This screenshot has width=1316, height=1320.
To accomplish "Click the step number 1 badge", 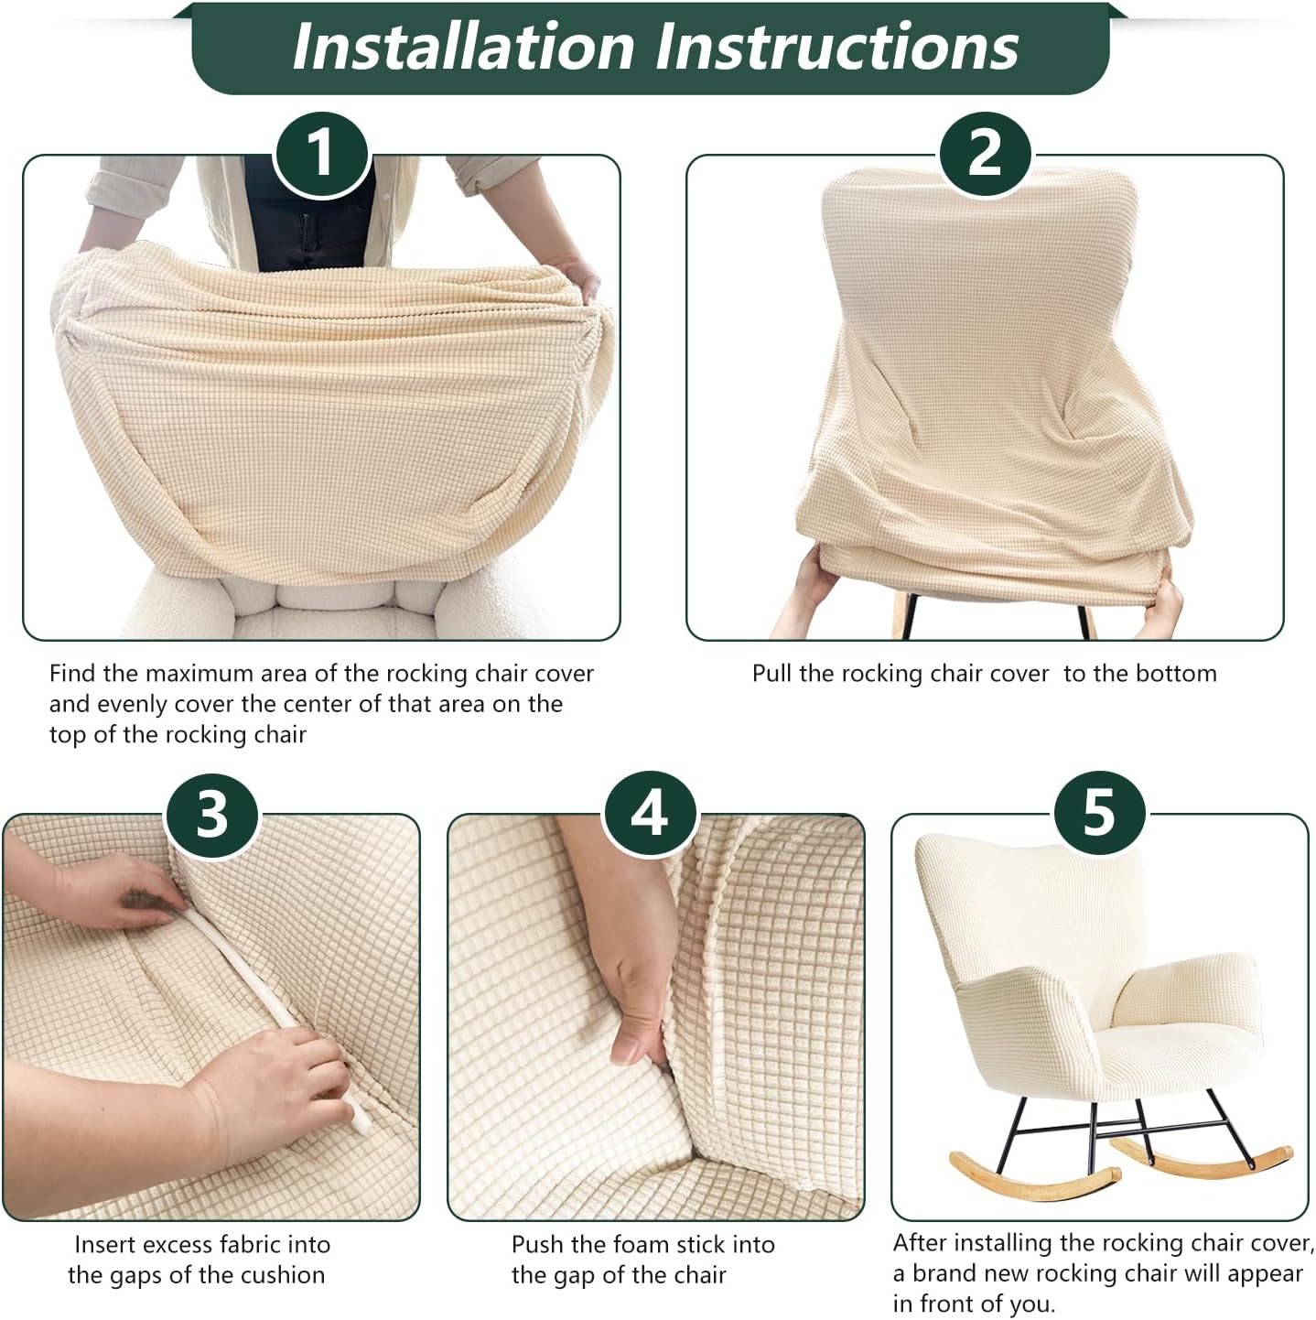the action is [x=321, y=154].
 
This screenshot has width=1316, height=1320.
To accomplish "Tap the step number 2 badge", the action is [x=985, y=154].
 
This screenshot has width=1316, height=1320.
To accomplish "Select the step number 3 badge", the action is [x=211, y=814].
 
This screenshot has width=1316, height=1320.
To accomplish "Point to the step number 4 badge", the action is [x=650, y=814].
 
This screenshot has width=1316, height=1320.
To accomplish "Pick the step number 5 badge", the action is [x=1099, y=814].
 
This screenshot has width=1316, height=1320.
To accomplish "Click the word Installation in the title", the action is [x=463, y=47].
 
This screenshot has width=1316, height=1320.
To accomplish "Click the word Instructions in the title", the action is [x=837, y=47].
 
